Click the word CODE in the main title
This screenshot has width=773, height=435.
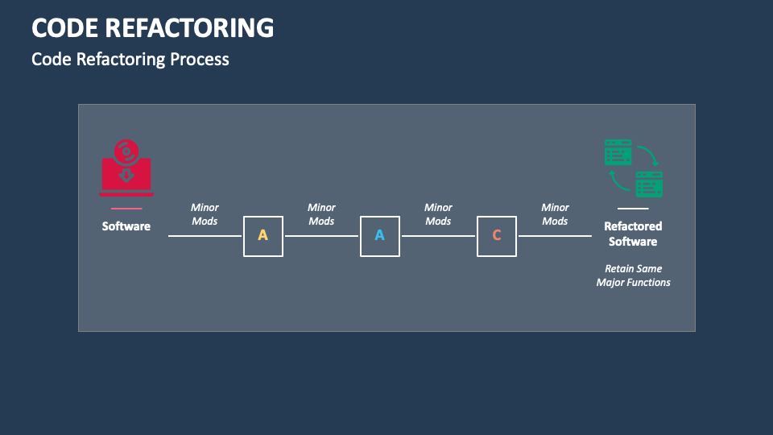(x=64, y=28)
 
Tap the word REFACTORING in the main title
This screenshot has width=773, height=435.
(x=189, y=28)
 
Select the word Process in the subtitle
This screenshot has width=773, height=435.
(x=200, y=60)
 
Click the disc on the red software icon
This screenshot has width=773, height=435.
(x=126, y=152)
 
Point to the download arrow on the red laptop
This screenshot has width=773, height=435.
(x=126, y=175)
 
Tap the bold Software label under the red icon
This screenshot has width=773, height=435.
(x=126, y=226)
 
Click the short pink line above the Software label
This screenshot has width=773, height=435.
(x=126, y=209)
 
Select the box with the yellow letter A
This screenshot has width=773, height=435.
(x=263, y=236)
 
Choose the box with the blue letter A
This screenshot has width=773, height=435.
(x=379, y=236)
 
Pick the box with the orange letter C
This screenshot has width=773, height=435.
(x=497, y=236)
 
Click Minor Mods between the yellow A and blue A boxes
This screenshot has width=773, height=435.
(x=321, y=214)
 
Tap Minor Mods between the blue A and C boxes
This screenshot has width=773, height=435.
(x=438, y=214)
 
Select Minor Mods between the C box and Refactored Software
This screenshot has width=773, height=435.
(x=555, y=214)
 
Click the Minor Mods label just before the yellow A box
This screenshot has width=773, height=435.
(x=205, y=214)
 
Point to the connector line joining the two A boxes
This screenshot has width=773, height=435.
(x=321, y=236)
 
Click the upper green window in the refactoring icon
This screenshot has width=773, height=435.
(x=618, y=152)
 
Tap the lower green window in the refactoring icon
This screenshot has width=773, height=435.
(x=649, y=184)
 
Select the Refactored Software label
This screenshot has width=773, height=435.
(x=633, y=234)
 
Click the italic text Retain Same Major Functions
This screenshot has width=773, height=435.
(x=633, y=275)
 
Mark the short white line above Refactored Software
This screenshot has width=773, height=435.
(x=633, y=209)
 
